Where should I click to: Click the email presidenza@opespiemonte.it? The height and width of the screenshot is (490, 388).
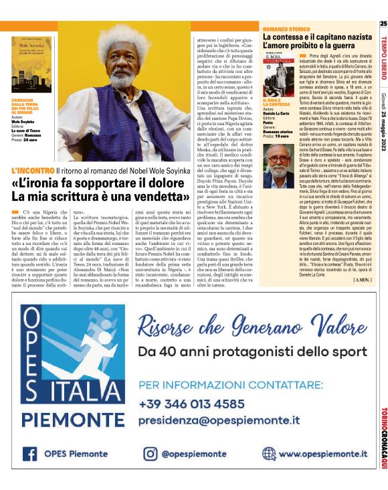(220, 420)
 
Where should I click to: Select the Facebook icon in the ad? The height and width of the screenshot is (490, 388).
(29, 453)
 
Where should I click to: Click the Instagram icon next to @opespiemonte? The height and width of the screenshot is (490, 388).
(149, 453)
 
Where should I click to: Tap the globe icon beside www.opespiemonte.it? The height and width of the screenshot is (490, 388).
(269, 453)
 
